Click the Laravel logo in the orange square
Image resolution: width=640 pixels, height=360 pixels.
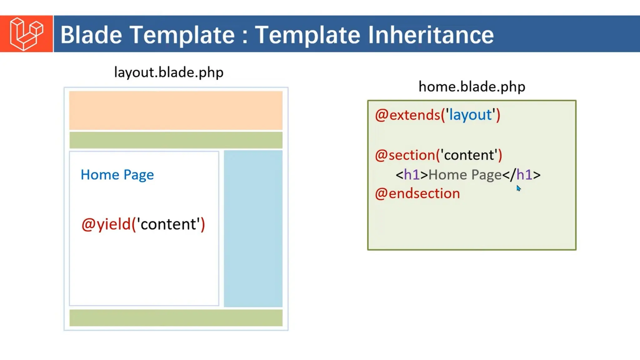(x=26, y=34)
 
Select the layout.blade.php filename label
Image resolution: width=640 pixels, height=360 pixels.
(x=169, y=72)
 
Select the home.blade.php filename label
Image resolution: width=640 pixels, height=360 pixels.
(x=472, y=87)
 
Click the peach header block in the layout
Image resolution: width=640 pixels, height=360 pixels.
(x=176, y=110)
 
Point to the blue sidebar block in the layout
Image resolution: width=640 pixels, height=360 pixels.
(x=253, y=228)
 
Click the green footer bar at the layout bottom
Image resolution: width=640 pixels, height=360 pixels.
(x=176, y=318)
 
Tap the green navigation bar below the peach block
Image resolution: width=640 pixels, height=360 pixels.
(x=176, y=140)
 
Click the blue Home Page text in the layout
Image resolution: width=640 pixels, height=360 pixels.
(x=117, y=175)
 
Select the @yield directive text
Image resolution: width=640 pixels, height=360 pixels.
(x=106, y=224)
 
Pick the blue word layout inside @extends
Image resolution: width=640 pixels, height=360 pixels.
(x=470, y=115)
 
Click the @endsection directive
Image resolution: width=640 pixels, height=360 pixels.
(x=417, y=194)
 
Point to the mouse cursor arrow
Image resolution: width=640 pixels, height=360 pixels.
(x=518, y=188)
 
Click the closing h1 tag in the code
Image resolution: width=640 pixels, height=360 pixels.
(x=521, y=175)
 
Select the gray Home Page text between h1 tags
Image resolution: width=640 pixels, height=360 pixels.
(x=465, y=175)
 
